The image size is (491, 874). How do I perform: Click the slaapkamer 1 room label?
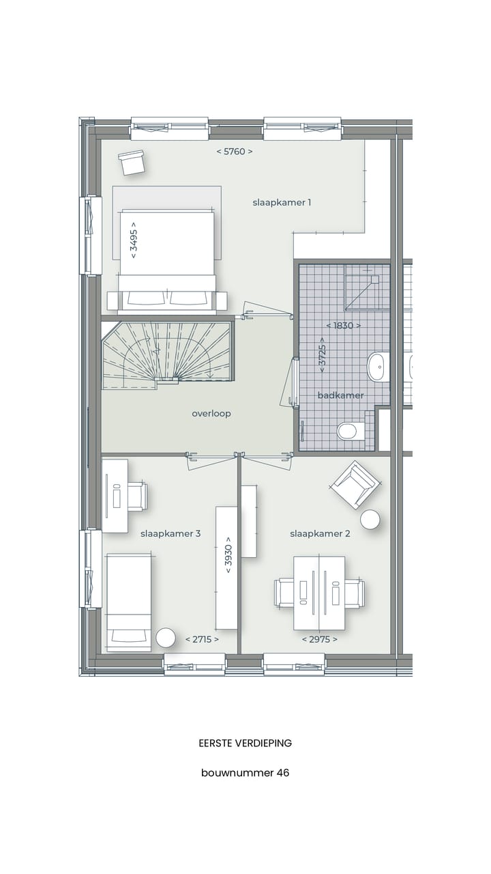(282, 203)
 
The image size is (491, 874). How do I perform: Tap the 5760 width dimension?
(235, 152)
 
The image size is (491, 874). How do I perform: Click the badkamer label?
(341, 395)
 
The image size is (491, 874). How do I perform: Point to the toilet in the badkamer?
(348, 431)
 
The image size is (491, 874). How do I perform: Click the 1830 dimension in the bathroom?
(343, 326)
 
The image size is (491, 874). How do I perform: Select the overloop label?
(211, 414)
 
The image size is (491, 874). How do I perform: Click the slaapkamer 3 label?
(170, 534)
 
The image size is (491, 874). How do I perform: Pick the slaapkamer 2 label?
(320, 534)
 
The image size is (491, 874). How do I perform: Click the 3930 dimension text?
(228, 557)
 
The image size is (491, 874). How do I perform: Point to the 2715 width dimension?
(202, 640)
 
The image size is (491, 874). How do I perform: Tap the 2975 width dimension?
(320, 640)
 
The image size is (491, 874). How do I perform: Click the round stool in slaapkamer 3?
(166, 638)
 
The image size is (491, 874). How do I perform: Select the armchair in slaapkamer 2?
(354, 484)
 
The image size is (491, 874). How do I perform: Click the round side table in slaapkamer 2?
(370, 520)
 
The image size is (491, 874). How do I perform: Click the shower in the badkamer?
(366, 287)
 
